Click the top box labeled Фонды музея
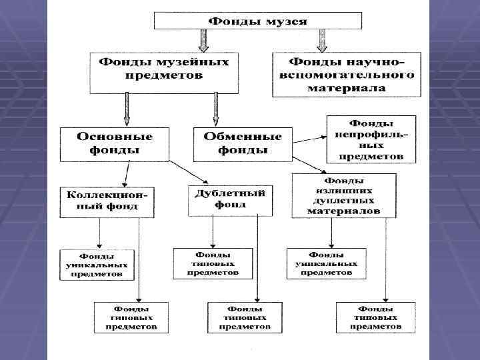(x=258, y=20)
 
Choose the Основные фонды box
(x=114, y=143)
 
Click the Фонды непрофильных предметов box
(x=371, y=140)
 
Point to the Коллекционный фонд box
(x=107, y=201)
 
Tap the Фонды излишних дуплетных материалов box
(x=343, y=195)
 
